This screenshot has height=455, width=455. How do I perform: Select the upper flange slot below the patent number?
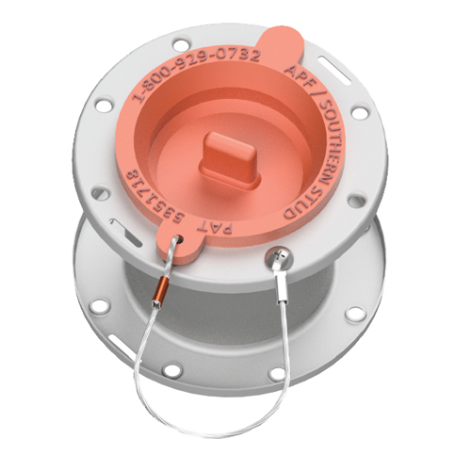point(121,226)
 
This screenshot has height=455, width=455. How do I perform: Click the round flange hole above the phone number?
point(179,41)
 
